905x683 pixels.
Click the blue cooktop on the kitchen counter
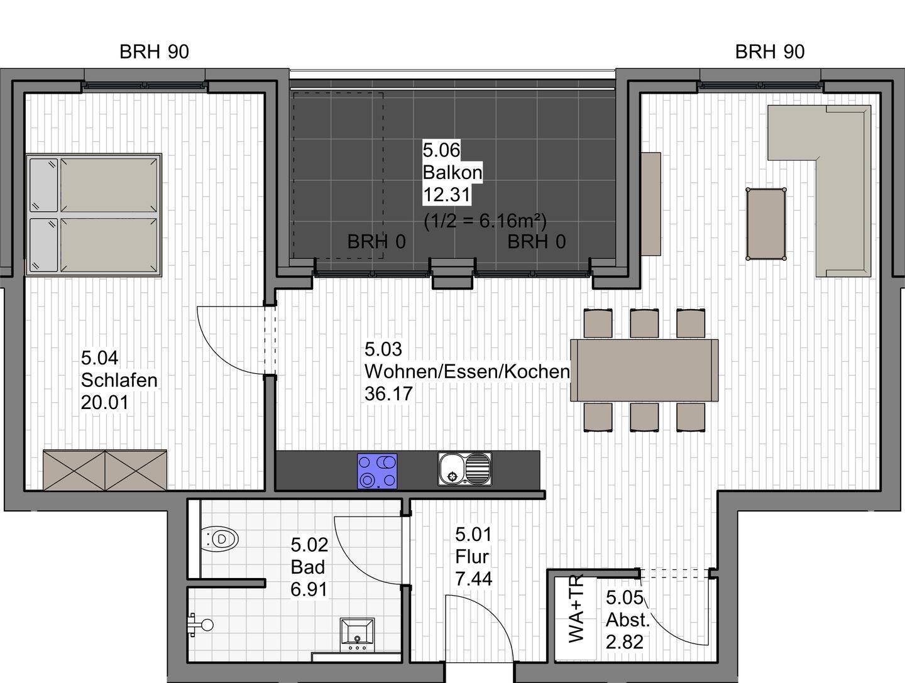click(x=378, y=471)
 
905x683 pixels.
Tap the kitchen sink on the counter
click(x=465, y=469)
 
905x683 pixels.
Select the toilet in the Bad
click(x=219, y=539)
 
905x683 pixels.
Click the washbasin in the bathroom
click(x=357, y=633)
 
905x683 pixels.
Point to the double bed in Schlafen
click(x=94, y=215)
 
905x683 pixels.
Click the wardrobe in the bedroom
click(x=105, y=469)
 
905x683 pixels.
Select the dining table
click(x=644, y=370)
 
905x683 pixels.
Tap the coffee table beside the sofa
click(x=765, y=224)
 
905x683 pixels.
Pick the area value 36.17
click(x=388, y=394)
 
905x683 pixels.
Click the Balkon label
click(x=452, y=172)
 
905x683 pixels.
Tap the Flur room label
click(x=472, y=557)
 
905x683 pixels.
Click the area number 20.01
click(x=104, y=403)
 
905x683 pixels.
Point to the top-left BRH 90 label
click(x=154, y=52)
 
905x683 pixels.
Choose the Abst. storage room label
click(x=627, y=620)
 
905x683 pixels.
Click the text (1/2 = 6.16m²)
click(x=485, y=221)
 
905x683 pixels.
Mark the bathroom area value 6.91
click(x=309, y=589)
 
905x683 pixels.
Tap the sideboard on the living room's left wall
click(x=651, y=204)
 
